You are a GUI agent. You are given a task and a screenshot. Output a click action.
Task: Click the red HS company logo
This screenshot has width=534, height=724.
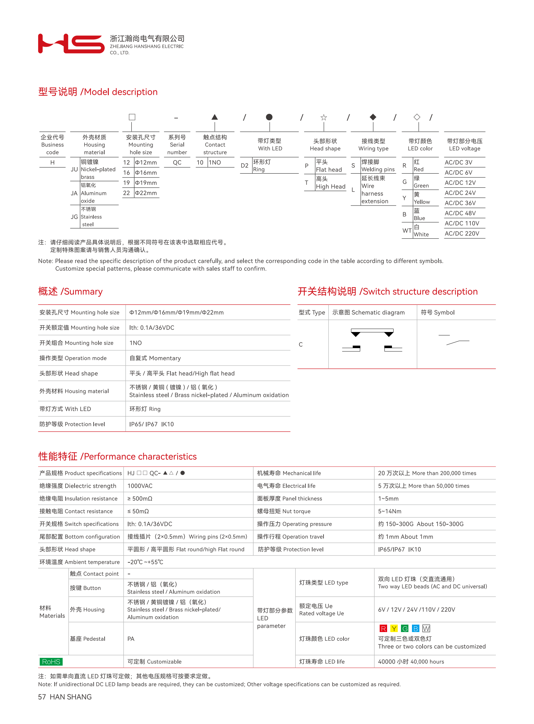pos(71,43)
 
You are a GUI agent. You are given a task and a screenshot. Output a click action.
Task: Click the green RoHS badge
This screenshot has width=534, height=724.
pos(51,661)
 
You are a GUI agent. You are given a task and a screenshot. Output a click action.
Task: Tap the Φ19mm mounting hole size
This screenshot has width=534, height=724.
pos(146,183)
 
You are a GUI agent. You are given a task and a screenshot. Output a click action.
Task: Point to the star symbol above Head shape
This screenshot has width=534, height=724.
pos(323,117)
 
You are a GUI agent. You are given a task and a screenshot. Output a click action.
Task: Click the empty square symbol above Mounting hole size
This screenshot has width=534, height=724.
pos(132,117)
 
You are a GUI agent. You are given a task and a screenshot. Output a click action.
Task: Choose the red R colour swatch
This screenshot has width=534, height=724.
pos(383,628)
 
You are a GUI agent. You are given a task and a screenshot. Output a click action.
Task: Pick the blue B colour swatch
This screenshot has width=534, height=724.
pos(416,628)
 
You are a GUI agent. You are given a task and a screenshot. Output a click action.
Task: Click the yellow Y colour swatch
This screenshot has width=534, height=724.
pos(394,628)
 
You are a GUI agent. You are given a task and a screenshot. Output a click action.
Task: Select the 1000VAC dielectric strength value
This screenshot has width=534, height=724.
pos(140,486)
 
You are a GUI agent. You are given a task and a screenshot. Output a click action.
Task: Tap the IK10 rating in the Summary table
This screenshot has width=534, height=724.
pos(168,424)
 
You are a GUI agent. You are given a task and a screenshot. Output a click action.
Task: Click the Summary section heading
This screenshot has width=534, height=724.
pos(70,291)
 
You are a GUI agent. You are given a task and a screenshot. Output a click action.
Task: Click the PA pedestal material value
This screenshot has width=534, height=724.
pos(130,639)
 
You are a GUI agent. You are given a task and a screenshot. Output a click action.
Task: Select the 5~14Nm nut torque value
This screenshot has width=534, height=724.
pos(389,511)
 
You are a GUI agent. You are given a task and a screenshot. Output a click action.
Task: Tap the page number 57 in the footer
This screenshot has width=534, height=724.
pos(42,697)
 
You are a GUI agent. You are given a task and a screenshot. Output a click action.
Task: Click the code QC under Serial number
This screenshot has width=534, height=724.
pos(177,163)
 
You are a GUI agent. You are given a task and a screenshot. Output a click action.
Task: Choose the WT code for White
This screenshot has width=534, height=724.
pos(407,230)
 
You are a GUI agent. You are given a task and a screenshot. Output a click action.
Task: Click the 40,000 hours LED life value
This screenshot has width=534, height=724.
pos(411,662)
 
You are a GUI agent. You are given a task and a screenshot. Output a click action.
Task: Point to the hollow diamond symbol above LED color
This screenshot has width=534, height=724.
pos(417,117)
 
